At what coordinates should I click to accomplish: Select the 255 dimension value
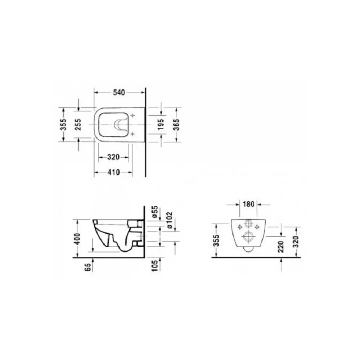click(78, 125)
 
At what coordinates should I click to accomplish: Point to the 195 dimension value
click(161, 124)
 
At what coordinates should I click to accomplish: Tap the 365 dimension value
click(176, 125)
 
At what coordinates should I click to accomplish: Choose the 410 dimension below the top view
click(114, 172)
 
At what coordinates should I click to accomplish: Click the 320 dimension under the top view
click(113, 157)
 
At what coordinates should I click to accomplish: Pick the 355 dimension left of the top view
click(63, 125)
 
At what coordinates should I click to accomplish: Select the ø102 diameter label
click(170, 220)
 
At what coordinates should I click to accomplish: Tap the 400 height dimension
click(78, 239)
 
